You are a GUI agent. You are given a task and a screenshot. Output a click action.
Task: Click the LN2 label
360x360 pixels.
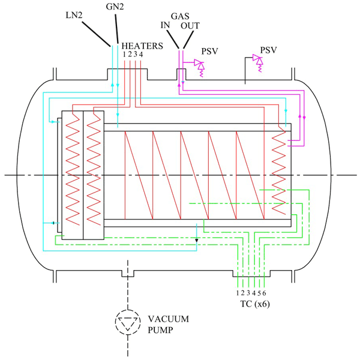pyautogui.click(x=74, y=16)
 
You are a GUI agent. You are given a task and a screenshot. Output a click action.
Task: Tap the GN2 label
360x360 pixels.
pyautogui.click(x=115, y=7)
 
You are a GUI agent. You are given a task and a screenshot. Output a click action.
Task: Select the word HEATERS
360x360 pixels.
pyautogui.click(x=142, y=46)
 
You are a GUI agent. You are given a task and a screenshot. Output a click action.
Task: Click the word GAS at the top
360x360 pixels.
pyautogui.click(x=180, y=16)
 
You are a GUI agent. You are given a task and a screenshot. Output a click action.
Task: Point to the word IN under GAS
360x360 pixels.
pyautogui.click(x=165, y=25)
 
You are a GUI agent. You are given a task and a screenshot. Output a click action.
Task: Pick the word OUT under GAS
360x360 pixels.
pyautogui.click(x=190, y=26)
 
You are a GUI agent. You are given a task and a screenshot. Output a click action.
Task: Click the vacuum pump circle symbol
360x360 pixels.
pyautogui.click(x=128, y=322)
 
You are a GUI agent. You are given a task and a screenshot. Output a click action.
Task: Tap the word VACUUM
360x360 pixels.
pyautogui.click(x=168, y=319)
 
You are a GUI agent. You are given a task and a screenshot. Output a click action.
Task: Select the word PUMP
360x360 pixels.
pyautogui.click(x=160, y=330)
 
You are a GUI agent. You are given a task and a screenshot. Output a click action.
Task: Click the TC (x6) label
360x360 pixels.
pyautogui.click(x=255, y=304)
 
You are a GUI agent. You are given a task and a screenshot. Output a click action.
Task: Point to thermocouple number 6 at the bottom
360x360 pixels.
pyautogui.click(x=264, y=293)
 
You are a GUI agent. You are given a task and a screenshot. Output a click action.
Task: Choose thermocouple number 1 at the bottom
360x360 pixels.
pyautogui.click(x=238, y=293)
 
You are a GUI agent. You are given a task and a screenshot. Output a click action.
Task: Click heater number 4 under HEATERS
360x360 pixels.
pyautogui.click(x=141, y=55)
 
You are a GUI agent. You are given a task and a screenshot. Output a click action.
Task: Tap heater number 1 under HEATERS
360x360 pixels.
pyautogui.click(x=124, y=55)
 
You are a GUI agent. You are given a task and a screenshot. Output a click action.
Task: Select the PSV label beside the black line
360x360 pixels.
pyautogui.click(x=268, y=50)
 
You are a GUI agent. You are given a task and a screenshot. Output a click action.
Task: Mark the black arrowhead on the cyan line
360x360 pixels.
pyautogui.click(x=197, y=241)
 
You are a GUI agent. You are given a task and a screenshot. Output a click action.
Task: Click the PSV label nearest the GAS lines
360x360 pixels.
pyautogui.click(x=209, y=51)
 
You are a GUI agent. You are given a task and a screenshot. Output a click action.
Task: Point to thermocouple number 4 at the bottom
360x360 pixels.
pyautogui.click(x=254, y=293)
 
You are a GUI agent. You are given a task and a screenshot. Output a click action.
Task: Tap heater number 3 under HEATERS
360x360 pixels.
pyautogui.click(x=136, y=55)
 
